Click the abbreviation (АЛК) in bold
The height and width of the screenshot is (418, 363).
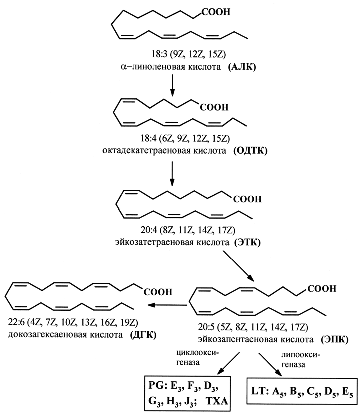(x=242, y=67)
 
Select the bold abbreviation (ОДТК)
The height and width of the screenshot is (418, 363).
(x=250, y=151)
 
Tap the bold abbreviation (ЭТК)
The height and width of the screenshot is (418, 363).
(x=247, y=242)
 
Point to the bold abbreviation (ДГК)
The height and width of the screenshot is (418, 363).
(x=143, y=335)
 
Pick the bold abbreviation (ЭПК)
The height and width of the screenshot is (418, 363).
(x=335, y=340)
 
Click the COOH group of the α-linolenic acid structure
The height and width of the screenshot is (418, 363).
(x=216, y=12)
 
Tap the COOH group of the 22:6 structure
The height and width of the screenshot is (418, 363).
(x=158, y=292)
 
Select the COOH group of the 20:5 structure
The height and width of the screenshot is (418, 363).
(x=322, y=289)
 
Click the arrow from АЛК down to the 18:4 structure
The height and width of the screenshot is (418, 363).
(x=173, y=85)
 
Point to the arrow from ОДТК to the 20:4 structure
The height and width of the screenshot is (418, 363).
(x=172, y=173)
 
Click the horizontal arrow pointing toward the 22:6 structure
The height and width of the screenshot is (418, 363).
(x=167, y=305)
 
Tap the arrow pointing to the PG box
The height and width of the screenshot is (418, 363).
(x=229, y=363)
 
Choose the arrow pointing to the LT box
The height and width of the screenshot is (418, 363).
(x=270, y=364)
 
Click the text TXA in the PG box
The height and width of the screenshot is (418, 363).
(x=217, y=401)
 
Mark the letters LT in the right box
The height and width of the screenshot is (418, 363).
(x=259, y=391)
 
